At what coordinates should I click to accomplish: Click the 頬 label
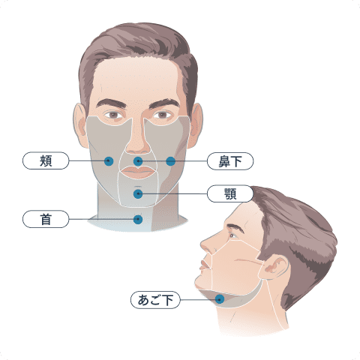click(x=46, y=160)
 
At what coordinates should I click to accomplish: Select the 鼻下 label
click(x=230, y=161)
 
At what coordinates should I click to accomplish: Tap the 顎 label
click(x=230, y=193)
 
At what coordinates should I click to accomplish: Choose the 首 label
click(x=46, y=219)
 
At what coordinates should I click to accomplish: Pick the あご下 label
click(x=155, y=300)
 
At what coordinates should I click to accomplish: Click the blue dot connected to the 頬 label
click(x=109, y=161)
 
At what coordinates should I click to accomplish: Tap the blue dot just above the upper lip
click(x=138, y=161)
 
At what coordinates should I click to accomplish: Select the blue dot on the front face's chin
click(x=138, y=194)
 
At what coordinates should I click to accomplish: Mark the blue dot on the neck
click(x=138, y=220)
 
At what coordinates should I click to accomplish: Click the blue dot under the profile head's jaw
click(x=220, y=299)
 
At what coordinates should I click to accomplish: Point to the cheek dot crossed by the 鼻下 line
click(x=171, y=161)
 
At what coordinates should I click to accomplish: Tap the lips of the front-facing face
click(x=138, y=172)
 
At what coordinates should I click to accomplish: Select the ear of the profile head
click(x=275, y=268)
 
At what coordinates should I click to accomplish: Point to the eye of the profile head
click(x=233, y=235)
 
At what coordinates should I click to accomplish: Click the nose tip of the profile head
click(x=202, y=243)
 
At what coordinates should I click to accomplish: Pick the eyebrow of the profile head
click(x=235, y=227)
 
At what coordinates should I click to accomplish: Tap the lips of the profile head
click(x=205, y=265)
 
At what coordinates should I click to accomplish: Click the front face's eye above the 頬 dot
click(x=114, y=115)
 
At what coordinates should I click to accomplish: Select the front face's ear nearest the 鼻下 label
click(x=196, y=125)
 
